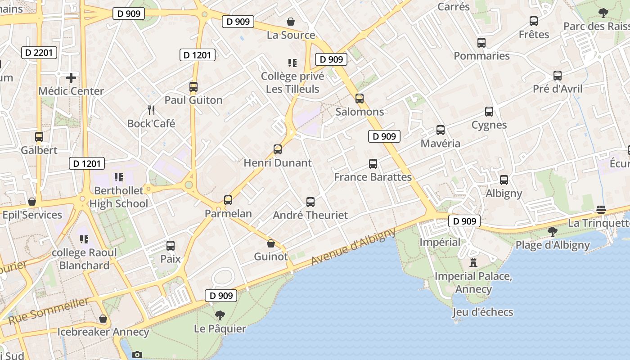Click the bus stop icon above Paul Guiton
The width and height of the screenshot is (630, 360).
pos(193,86)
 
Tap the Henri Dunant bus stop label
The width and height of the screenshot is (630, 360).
pos(277,163)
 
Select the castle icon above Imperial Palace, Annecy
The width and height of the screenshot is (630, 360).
pos(473,262)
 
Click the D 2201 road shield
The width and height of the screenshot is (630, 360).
pos(39,53)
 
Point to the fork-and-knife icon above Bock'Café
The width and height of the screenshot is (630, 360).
pos(151,110)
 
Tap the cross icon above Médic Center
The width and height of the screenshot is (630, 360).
pos(71,78)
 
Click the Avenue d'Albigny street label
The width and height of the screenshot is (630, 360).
pos(353,246)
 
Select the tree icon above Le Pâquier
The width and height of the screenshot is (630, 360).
pos(220,315)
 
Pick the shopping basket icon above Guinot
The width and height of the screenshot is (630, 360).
pos(271,243)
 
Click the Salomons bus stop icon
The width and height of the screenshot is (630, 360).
pos(359,98)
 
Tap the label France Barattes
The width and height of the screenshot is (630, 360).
pos(373,177)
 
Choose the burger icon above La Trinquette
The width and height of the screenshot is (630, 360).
pos(601,210)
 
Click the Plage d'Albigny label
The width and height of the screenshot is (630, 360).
pos(552,245)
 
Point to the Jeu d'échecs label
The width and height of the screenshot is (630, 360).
pos(482,312)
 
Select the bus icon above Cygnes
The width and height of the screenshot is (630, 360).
pos(489,111)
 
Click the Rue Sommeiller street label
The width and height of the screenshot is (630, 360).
pos(49,311)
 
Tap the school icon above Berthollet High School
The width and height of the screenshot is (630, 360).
pos(119,177)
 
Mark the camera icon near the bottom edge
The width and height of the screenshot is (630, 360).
pos(137,355)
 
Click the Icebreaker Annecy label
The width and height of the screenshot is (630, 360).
pos(103,332)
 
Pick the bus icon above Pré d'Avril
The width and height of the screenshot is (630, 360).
pos(558,76)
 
